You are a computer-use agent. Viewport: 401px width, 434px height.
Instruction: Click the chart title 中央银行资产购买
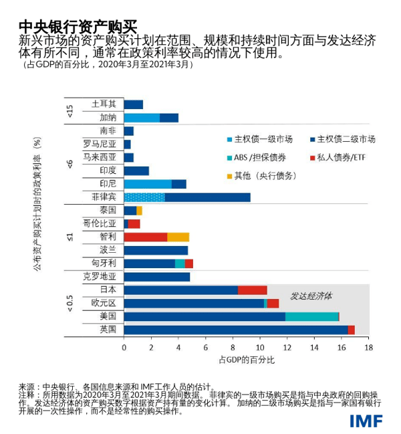[78, 25]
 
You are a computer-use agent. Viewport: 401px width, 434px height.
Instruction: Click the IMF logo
[367, 420]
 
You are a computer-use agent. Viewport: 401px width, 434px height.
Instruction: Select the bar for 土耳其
[134, 104]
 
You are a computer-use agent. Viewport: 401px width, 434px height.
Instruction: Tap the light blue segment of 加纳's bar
[142, 118]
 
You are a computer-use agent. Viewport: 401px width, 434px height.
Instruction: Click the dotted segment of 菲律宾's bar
[144, 197]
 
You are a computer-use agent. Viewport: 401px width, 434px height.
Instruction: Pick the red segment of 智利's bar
[145, 237]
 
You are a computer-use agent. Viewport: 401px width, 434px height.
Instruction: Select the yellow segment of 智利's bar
[178, 237]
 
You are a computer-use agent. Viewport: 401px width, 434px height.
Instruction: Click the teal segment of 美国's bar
[311, 316]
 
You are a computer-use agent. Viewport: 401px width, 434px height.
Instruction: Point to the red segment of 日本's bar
[252, 290]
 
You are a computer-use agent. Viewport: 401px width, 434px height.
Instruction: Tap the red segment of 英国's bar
[351, 330]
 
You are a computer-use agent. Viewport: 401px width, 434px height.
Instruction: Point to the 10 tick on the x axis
[260, 348]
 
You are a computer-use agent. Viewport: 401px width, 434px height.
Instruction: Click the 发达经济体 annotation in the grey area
[311, 295]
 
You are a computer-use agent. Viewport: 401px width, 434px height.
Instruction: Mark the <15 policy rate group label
[70, 111]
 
